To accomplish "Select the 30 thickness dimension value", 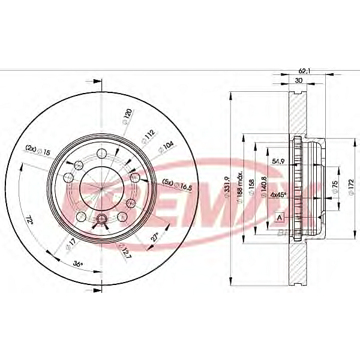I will [298, 80].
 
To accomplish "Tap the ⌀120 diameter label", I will [127, 115].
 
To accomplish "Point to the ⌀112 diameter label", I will [147, 137].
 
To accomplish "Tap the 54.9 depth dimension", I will [278, 161].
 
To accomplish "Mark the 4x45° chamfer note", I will [278, 195].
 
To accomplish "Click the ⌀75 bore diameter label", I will [335, 186].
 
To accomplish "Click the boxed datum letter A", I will [279, 217].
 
